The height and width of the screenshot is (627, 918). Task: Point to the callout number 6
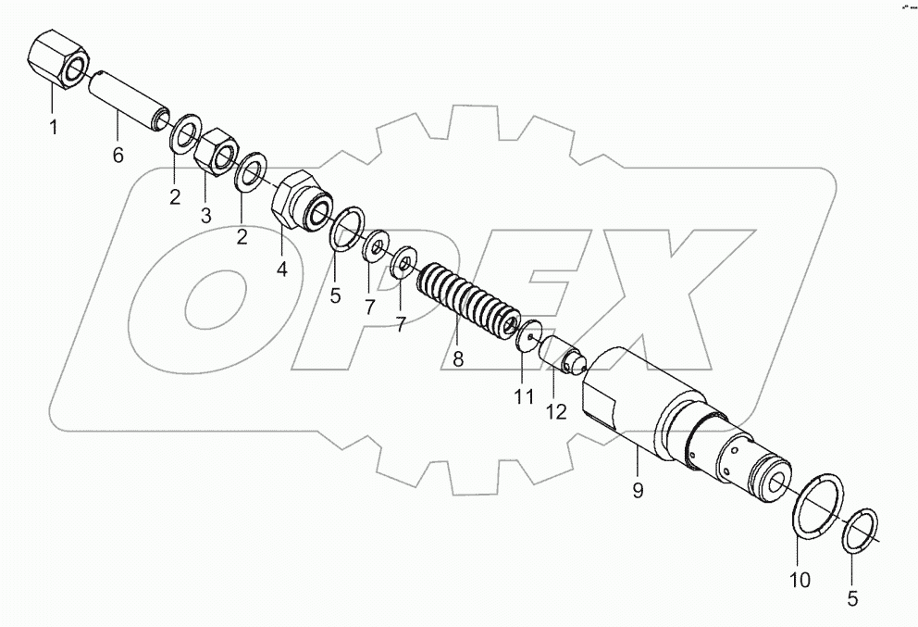(118, 156)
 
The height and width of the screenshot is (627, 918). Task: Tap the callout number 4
(281, 270)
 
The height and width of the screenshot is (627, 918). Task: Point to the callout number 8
(457, 358)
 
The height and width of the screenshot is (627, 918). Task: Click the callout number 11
(524, 397)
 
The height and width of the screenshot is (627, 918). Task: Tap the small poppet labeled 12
(563, 355)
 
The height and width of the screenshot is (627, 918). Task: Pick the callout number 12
(556, 413)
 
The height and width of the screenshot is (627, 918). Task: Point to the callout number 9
(637, 491)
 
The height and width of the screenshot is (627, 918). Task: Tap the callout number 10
(800, 581)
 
